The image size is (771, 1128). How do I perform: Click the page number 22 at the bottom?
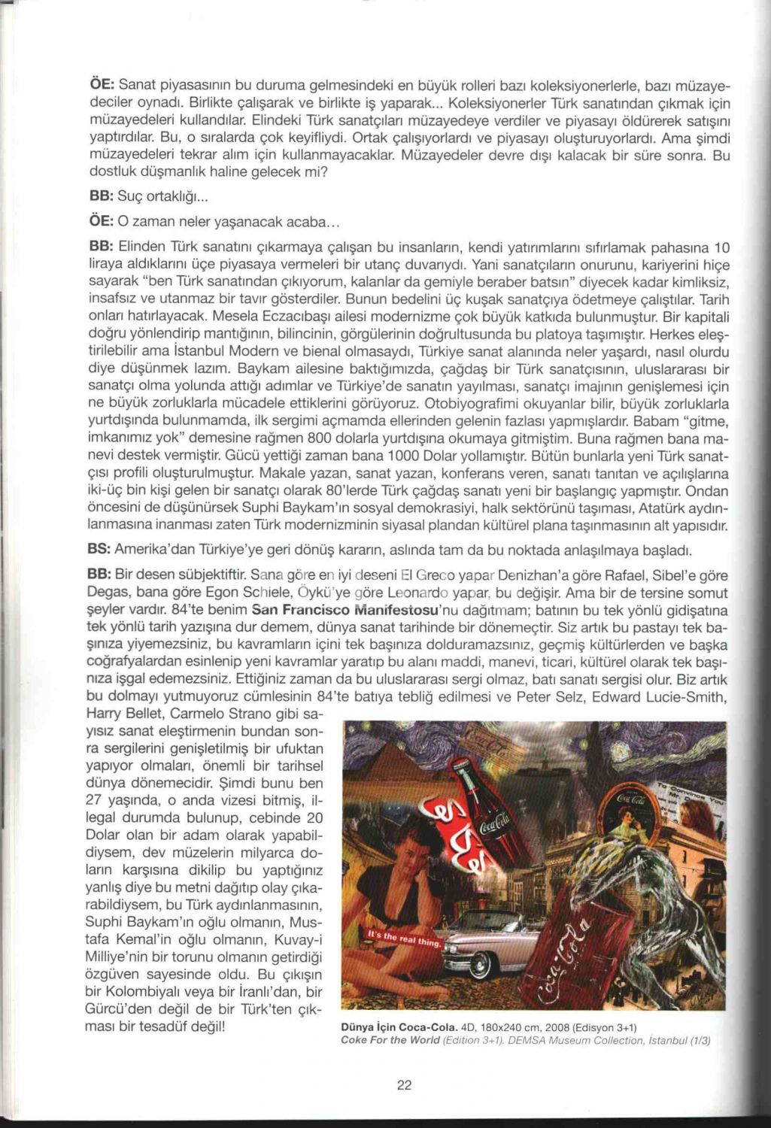click(404, 1084)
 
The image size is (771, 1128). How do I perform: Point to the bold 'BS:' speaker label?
click(100, 549)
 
